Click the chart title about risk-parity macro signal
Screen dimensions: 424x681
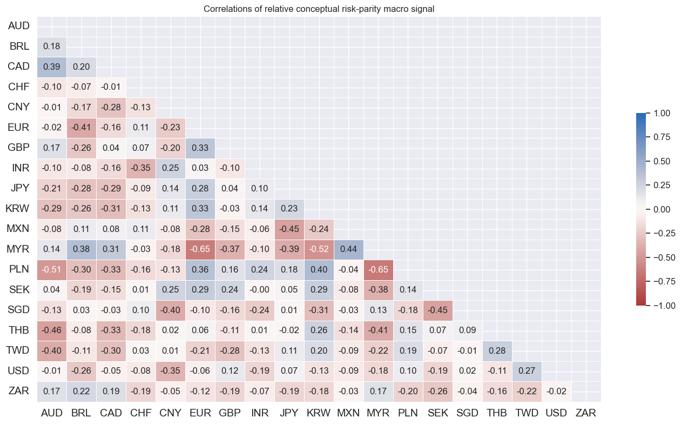pos(319,9)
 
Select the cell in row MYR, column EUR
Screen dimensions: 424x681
pos(200,249)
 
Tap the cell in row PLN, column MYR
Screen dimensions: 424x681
pos(378,269)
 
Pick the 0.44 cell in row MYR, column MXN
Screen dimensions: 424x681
pos(348,249)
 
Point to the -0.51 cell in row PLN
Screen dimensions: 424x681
pos(52,269)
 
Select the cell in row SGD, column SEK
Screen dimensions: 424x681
pos(437,310)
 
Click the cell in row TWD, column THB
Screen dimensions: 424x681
pos(497,351)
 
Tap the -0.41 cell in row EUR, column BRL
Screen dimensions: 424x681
pos(82,127)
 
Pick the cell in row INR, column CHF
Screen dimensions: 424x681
pos(141,168)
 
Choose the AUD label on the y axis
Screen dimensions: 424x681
pos(19,25)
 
